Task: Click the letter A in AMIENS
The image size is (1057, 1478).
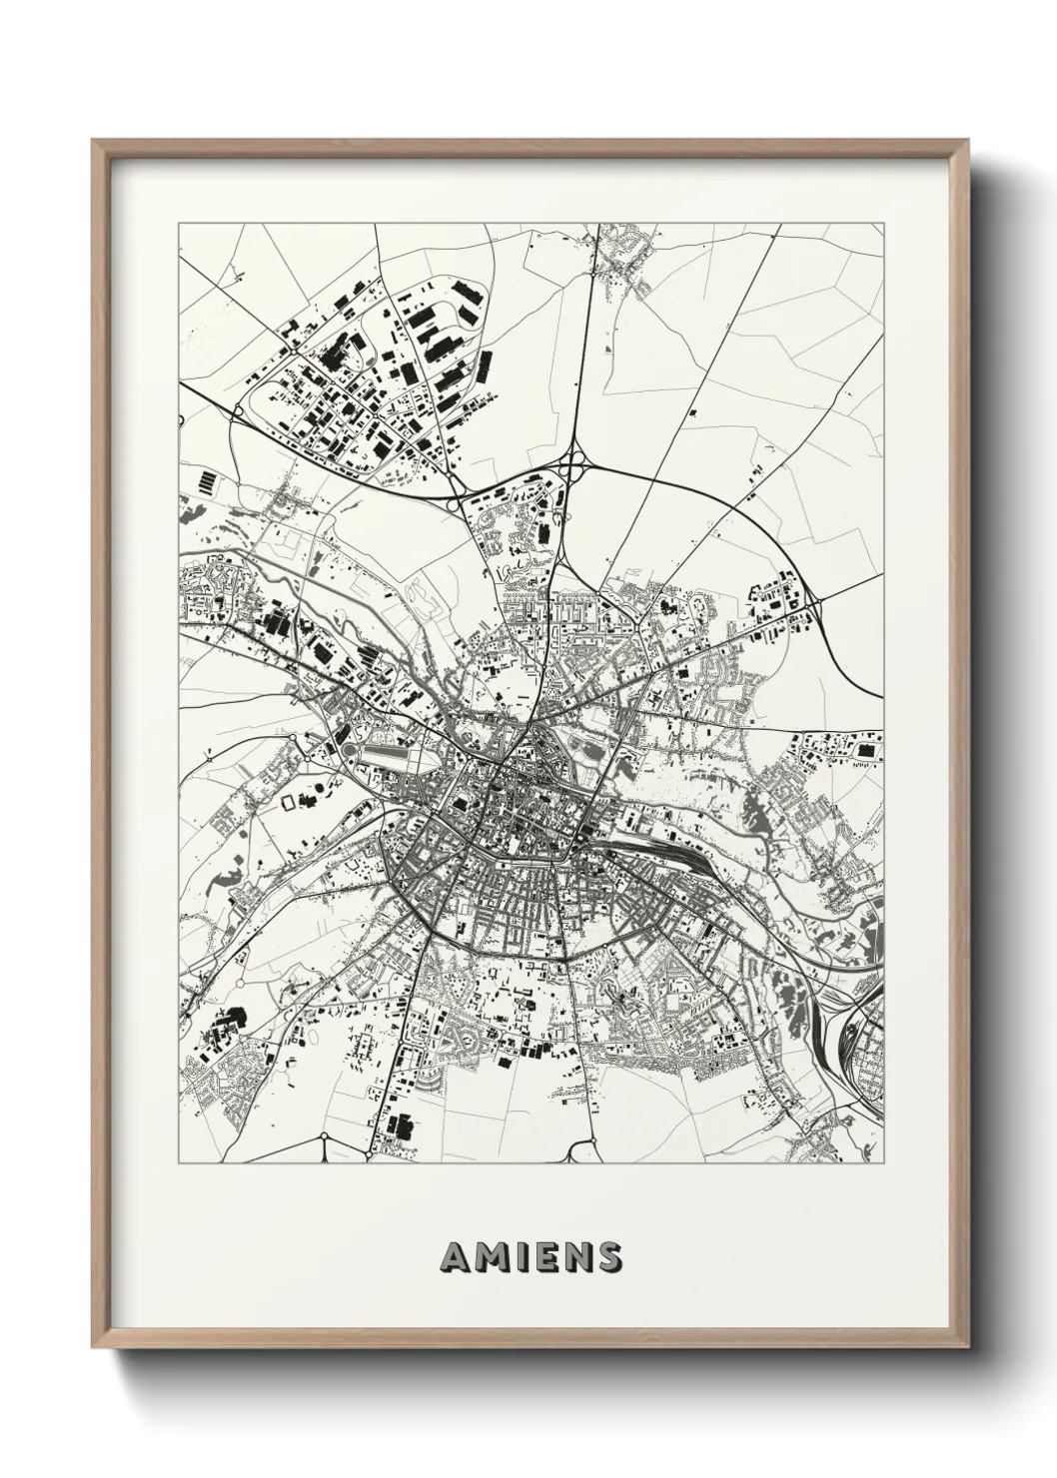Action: (453, 1257)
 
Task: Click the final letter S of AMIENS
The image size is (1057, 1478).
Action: (606, 1257)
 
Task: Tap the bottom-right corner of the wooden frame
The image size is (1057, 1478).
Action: (963, 1349)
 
